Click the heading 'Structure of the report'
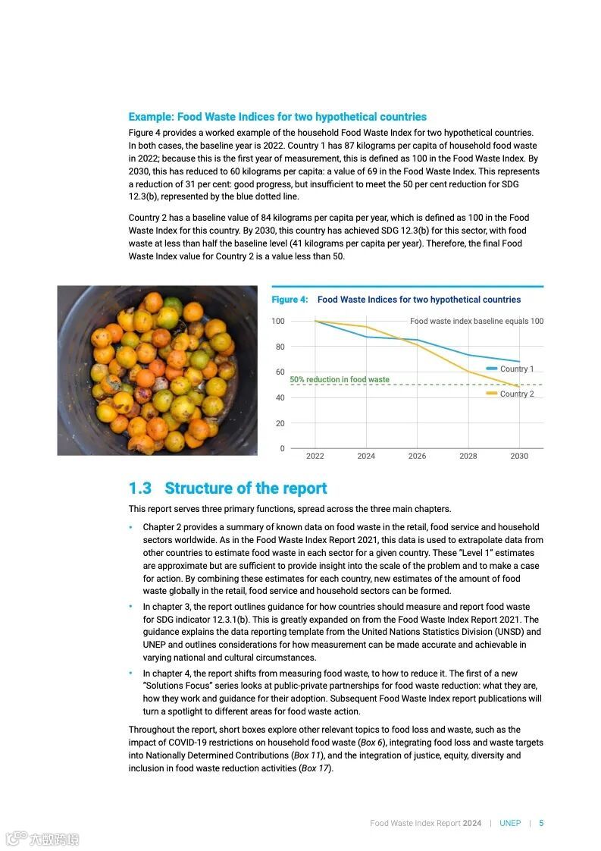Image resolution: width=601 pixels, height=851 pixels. [246, 488]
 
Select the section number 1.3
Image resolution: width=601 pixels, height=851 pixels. [139, 488]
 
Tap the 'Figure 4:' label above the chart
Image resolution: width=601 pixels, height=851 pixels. [290, 300]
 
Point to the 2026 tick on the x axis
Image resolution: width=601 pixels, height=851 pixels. [417, 456]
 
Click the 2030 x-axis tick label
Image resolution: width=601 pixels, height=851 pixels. [519, 456]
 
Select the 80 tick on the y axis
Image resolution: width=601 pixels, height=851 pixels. [279, 347]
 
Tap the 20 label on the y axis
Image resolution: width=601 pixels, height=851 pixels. [279, 423]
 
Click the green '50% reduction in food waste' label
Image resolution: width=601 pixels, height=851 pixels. [340, 379]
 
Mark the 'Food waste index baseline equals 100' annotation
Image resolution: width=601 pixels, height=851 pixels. [477, 321]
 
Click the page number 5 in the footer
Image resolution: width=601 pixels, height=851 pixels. [541, 823]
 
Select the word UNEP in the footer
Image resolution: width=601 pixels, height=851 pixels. [510, 823]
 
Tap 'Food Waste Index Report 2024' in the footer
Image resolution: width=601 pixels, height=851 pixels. [425, 823]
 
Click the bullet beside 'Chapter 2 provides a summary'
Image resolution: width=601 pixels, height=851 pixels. [130, 526]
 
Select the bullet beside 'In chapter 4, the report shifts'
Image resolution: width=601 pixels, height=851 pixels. [130, 673]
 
